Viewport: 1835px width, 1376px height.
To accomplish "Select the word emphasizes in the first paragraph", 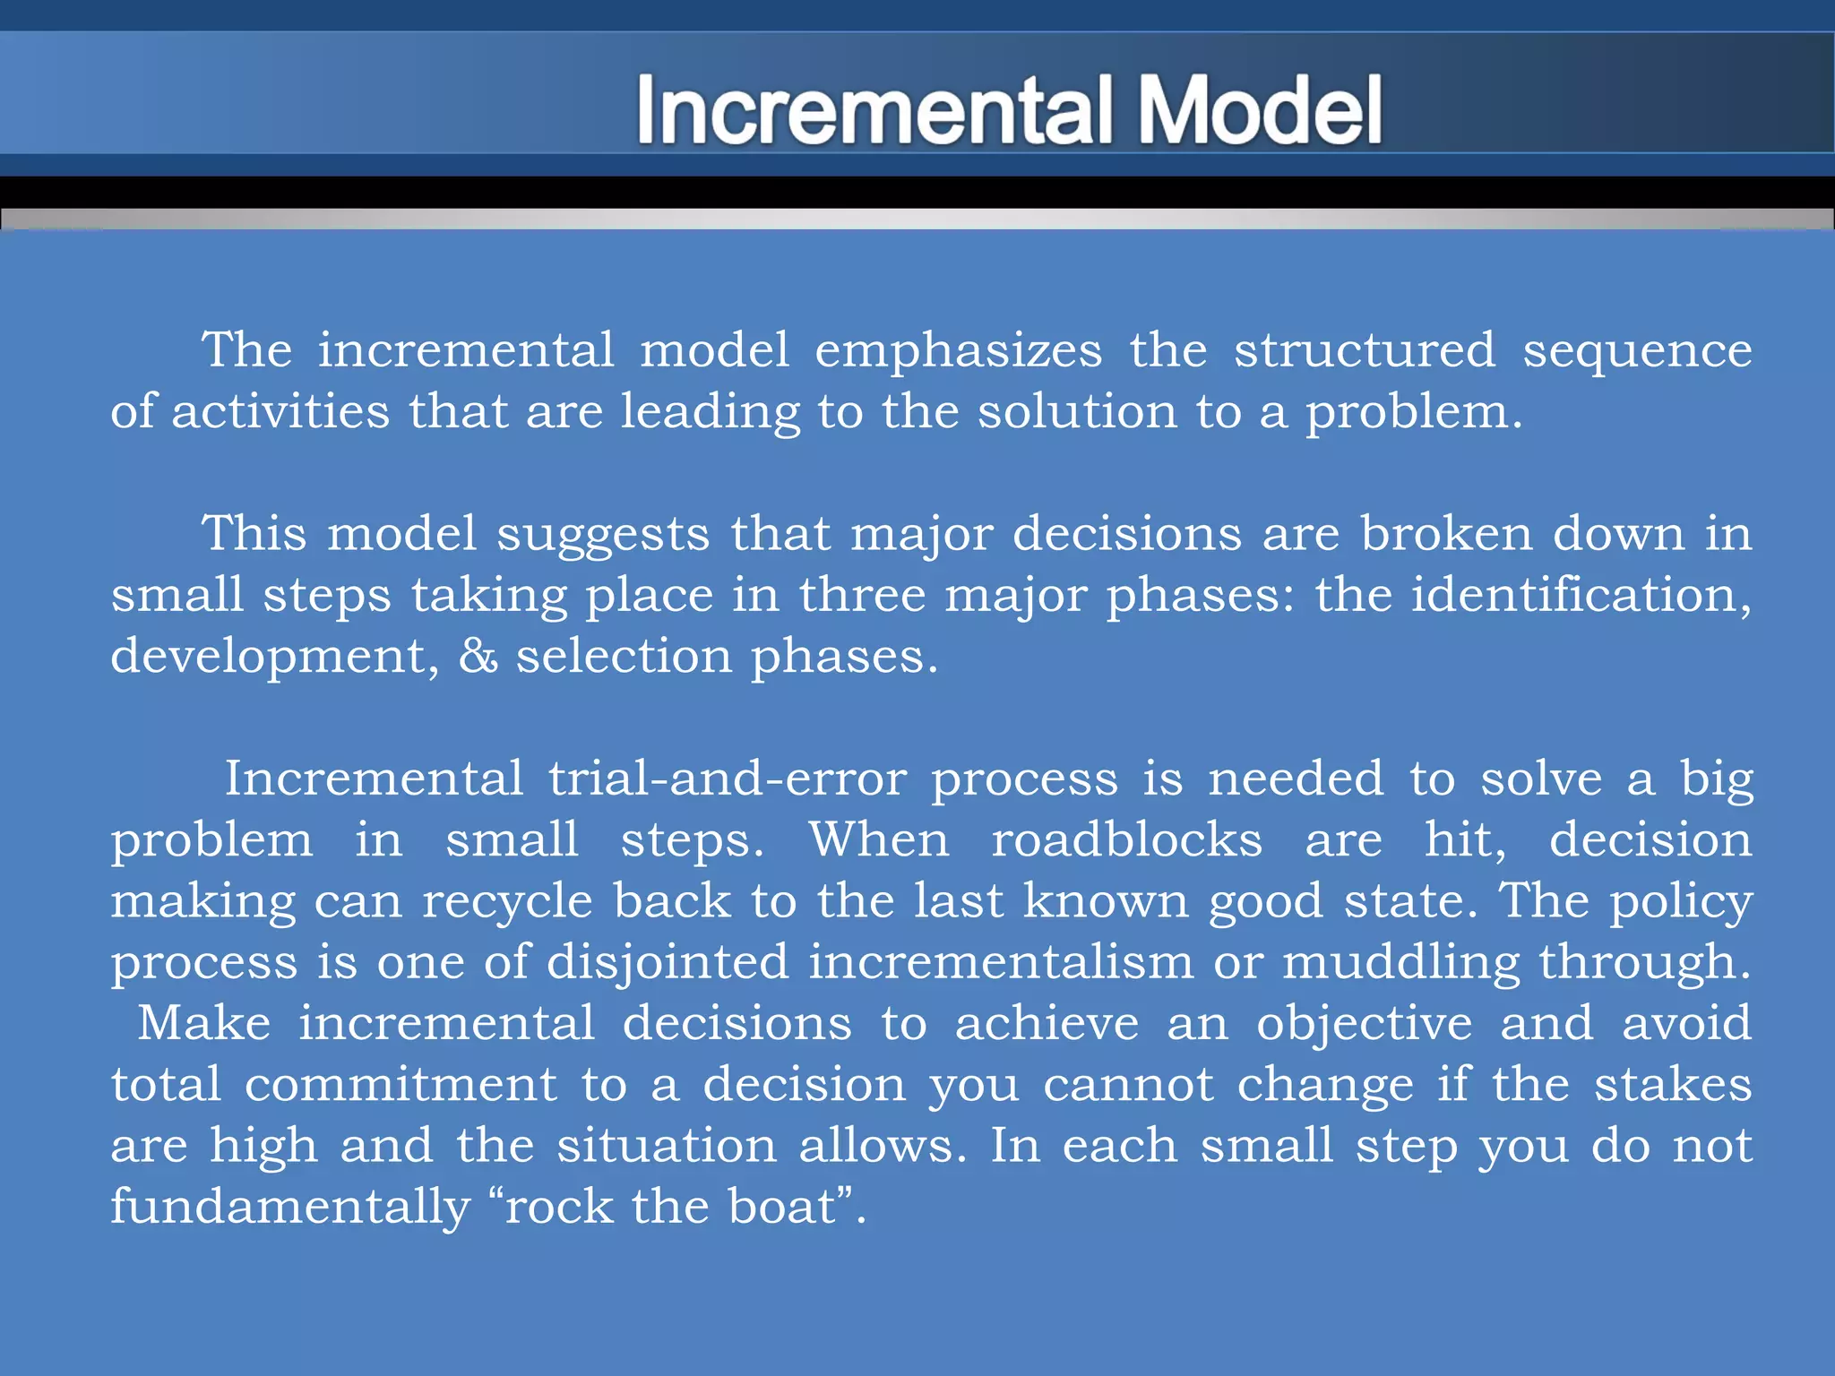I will (958, 350).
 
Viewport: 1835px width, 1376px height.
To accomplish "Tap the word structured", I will (1365, 350).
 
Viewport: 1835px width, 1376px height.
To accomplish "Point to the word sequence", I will (1637, 350).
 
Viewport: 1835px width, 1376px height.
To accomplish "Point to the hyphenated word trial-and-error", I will (728, 778).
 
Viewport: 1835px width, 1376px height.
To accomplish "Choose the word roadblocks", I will (1126, 840).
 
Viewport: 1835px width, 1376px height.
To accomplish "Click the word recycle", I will (507, 902).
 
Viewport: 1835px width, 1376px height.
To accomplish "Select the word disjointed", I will (668, 963).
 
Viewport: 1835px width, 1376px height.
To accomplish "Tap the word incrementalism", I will (1001, 962).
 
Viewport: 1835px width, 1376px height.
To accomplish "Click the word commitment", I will (401, 1085).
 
